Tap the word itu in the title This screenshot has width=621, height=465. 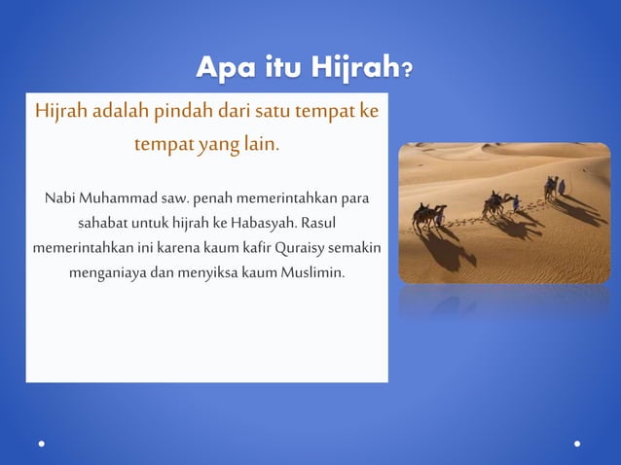tap(287, 69)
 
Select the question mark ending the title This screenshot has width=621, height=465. tap(406, 71)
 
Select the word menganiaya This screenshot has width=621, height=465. tap(107, 270)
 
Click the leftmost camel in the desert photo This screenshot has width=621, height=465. tap(425, 215)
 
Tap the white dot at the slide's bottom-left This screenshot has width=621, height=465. tap(42, 443)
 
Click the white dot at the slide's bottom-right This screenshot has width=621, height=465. tap(578, 443)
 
